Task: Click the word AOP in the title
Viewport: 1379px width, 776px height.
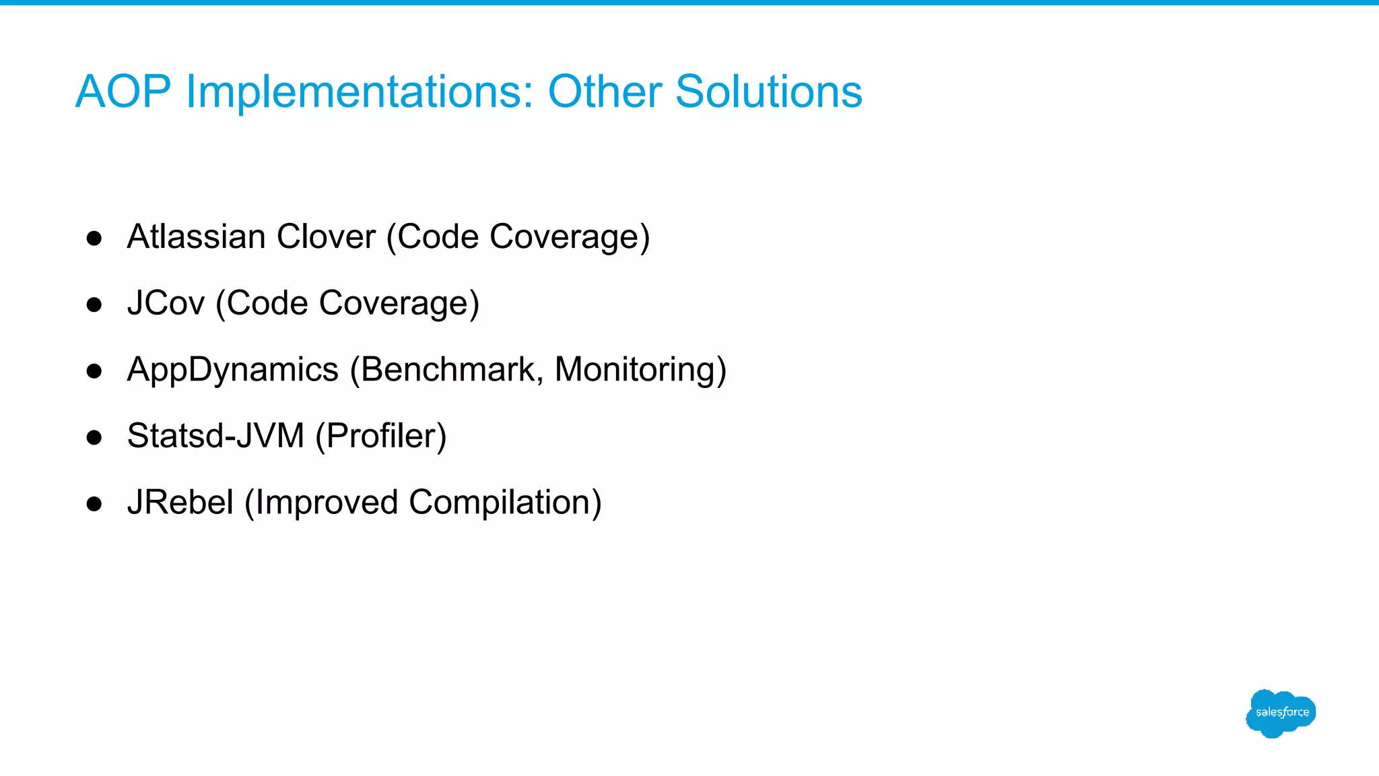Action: click(123, 92)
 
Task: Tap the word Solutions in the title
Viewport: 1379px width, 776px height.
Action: click(768, 92)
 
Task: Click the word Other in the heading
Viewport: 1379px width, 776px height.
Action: click(605, 92)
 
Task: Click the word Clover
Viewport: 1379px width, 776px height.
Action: click(326, 237)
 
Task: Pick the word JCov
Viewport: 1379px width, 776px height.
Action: click(166, 303)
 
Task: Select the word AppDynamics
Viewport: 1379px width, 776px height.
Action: click(232, 370)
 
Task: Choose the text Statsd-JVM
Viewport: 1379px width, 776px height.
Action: click(215, 436)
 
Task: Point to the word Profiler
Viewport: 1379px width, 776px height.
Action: click(381, 436)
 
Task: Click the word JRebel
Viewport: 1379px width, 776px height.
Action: click(180, 503)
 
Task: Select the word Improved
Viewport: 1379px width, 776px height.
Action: click(322, 503)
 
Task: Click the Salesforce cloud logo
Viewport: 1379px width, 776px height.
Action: click(1281, 713)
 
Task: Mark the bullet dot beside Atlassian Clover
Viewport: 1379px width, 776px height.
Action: click(94, 238)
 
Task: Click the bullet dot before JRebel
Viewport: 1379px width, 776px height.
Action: click(94, 504)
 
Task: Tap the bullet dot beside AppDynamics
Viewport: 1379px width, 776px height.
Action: click(94, 371)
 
